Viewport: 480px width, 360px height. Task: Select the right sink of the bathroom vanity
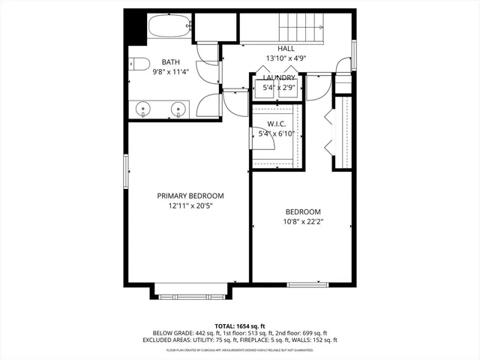tap(178, 110)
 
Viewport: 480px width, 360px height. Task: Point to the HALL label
tap(286, 47)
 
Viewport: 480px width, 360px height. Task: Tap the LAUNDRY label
tap(278, 77)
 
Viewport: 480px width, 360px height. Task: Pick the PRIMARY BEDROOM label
tap(190, 196)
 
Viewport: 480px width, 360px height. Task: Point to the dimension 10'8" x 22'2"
tap(303, 221)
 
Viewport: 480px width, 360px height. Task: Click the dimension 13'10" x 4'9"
tap(286, 57)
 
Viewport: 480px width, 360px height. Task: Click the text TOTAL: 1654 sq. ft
tap(240, 326)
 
